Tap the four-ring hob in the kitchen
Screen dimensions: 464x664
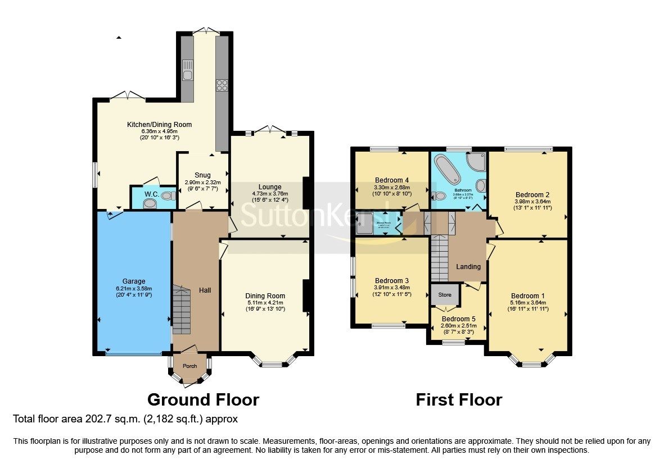(222, 85)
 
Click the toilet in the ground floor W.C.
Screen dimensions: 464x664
(166, 196)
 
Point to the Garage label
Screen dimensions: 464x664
(134, 281)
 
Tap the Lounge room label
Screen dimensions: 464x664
(270, 187)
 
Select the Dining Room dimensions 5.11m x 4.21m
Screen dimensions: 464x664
(265, 302)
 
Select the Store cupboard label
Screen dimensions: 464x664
(445, 294)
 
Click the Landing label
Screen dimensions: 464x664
(468, 267)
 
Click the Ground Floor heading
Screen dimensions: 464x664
(203, 399)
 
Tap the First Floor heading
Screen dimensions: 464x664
(458, 399)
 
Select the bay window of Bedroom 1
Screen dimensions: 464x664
(530, 360)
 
